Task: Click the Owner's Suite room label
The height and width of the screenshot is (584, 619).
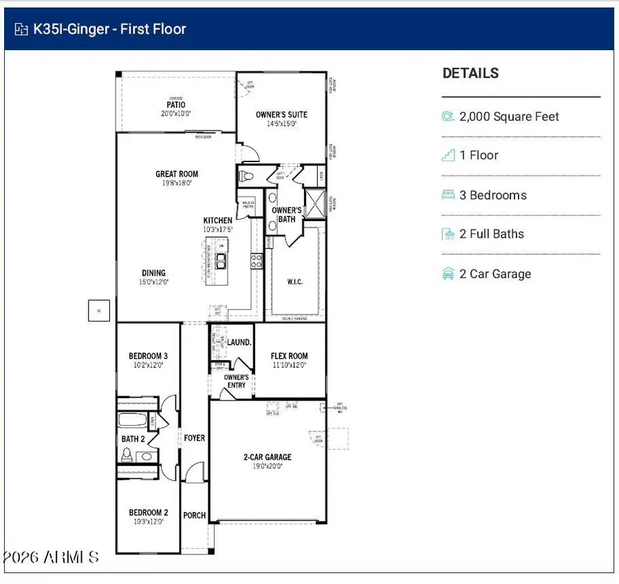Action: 281,115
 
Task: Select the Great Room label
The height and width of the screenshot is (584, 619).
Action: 177,175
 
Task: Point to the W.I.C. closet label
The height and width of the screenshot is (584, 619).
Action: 294,282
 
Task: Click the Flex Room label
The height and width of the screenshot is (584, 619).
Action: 289,356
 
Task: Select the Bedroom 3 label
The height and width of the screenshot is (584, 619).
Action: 148,356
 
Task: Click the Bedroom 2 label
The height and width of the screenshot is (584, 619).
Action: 148,513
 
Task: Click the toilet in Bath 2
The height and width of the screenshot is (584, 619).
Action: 127,454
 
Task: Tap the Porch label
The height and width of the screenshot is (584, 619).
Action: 195,515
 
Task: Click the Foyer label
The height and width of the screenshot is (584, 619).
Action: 195,438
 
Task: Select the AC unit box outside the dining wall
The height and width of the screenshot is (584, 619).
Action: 99,311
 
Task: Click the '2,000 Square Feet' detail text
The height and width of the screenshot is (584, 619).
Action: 509,117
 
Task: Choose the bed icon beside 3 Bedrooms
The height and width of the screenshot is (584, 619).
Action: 448,195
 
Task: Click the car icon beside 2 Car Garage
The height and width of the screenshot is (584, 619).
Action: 448,274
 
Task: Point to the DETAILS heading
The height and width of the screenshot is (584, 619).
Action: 470,74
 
